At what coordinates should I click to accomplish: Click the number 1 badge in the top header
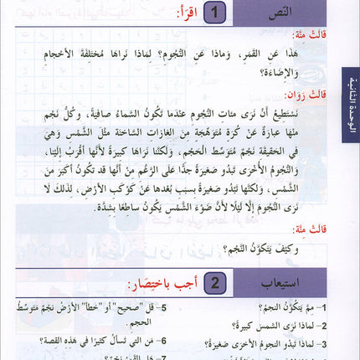(217, 14)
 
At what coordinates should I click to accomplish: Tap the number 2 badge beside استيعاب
(217, 281)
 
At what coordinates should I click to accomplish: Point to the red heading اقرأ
(186, 14)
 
